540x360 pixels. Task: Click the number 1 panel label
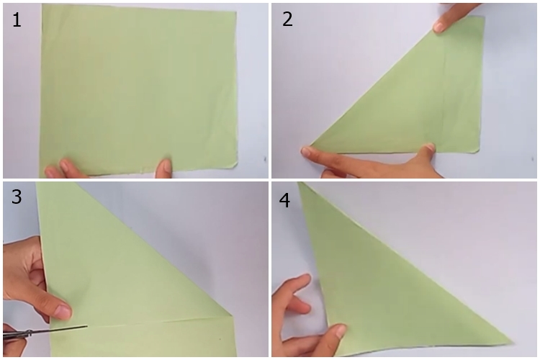[x=17, y=19]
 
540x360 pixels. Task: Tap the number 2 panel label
[x=287, y=19]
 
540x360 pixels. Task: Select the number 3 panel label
[x=17, y=197]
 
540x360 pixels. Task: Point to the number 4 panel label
[x=284, y=200]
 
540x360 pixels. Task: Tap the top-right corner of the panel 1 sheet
[x=236, y=12]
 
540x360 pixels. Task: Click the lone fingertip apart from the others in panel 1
[x=165, y=166]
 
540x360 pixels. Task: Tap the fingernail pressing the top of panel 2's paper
[x=439, y=27]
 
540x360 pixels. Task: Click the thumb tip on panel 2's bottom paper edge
[x=429, y=148]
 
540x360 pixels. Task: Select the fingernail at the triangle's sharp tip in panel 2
[x=306, y=150]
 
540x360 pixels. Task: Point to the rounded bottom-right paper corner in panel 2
[x=477, y=149]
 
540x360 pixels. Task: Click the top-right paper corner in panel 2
[x=484, y=17]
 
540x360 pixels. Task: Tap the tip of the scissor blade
[x=87, y=326]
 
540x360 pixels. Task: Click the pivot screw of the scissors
[x=30, y=333]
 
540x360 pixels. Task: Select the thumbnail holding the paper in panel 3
[x=63, y=312]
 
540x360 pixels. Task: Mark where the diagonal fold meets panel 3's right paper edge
[x=233, y=315]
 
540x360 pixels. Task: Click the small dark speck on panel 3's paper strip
[x=221, y=339]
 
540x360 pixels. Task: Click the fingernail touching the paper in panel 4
[x=341, y=331]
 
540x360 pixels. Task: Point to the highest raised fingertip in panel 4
[x=306, y=279]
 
